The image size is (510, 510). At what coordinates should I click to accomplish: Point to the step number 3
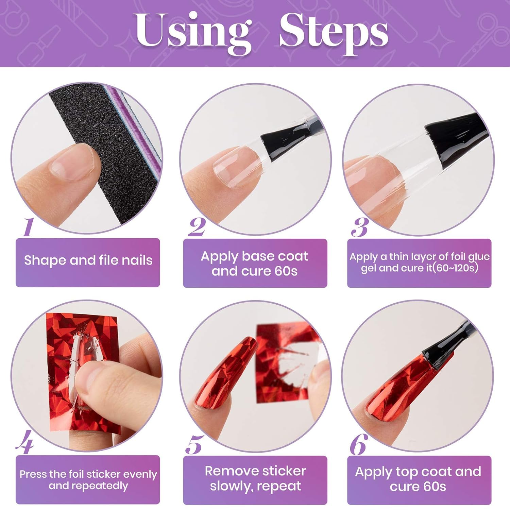(360, 227)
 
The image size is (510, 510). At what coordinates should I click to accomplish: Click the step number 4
(25, 442)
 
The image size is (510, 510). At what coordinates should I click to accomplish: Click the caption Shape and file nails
(88, 260)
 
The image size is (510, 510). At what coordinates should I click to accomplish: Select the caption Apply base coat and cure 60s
(254, 263)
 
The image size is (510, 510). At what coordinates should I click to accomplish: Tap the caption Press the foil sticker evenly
(88, 474)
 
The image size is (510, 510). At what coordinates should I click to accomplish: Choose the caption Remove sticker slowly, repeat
(255, 478)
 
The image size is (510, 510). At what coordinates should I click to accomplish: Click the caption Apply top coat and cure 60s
(418, 479)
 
